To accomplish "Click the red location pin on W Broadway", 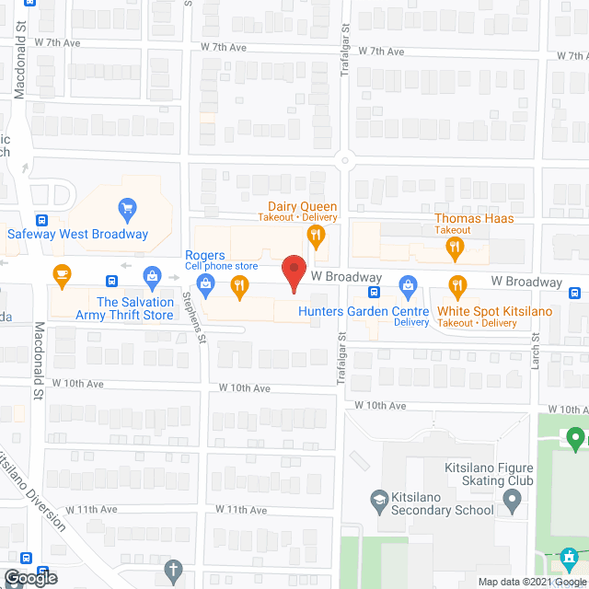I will (293, 274).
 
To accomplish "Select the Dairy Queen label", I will (302, 207).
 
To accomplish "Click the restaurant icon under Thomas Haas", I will (454, 247).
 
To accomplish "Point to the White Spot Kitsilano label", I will (494, 311).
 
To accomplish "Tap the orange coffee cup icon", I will (62, 274).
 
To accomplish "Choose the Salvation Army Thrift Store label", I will (135, 308).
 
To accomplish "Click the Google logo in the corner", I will (29, 578).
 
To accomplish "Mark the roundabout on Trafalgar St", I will (346, 160).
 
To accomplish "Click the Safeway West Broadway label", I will (77, 234).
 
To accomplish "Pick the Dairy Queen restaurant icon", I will (316, 237).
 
